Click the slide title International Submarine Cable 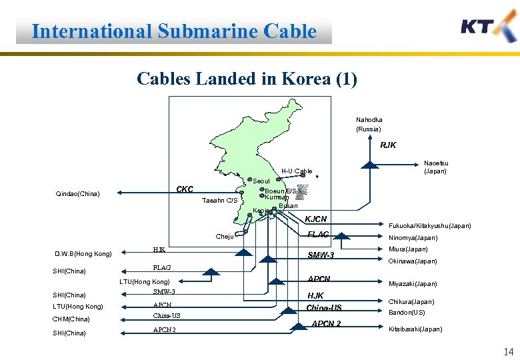pos(173,31)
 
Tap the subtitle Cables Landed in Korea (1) pos(247,79)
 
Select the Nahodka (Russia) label pos(369,124)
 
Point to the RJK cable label pos(388,145)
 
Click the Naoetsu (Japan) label pos(436,167)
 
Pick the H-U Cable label pos(296,171)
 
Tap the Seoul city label pos(261,181)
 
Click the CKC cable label pos(185,189)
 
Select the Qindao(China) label pos(77,194)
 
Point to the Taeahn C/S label pos(219,201)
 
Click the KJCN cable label pos(315,219)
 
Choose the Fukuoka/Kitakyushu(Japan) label pos(429,226)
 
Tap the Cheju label pos(224,237)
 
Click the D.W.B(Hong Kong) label pos(83,253)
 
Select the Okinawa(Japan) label pos(413,261)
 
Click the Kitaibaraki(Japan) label pos(415,329)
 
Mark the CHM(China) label pos(71,319)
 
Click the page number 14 pos(508,352)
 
